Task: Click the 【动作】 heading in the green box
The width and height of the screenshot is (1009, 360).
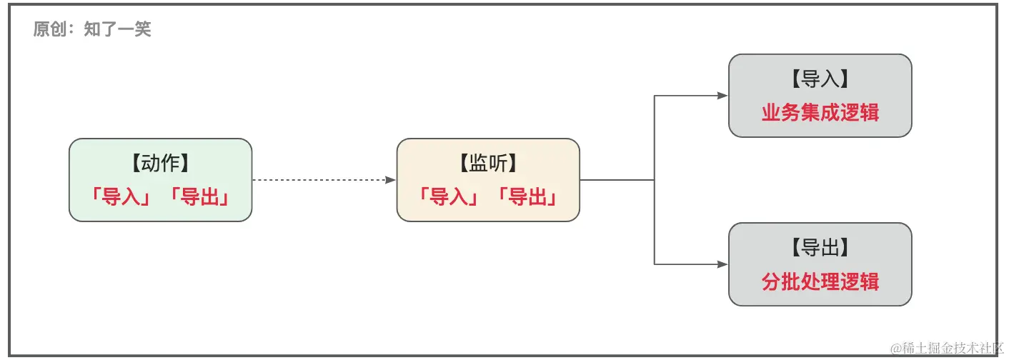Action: coord(160,164)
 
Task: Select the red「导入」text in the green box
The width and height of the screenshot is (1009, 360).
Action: coord(120,196)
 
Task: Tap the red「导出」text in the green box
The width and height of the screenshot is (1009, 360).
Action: coord(199,196)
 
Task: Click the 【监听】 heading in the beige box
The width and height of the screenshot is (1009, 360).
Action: coord(488,164)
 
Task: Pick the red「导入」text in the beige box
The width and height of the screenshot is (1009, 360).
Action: coord(449,196)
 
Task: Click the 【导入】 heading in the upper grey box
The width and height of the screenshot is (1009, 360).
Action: coord(820,79)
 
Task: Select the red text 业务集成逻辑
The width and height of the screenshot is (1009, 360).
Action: coord(820,112)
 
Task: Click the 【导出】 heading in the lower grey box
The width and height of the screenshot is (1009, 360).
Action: coord(820,248)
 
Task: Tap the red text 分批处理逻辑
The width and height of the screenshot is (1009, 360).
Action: coord(820,281)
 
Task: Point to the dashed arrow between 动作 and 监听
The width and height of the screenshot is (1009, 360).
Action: coord(322,180)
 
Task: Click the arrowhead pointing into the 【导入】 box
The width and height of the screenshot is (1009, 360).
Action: coord(722,96)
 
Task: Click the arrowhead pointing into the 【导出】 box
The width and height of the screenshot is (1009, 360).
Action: coord(722,264)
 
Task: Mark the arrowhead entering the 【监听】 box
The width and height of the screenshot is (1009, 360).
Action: coord(391,180)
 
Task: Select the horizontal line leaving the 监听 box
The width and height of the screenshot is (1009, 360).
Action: coord(616,180)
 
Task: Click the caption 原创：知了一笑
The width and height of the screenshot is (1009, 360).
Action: coord(92,29)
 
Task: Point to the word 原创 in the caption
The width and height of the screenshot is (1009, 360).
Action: coord(48,29)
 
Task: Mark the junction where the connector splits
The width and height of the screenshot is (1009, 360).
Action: coord(655,180)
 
